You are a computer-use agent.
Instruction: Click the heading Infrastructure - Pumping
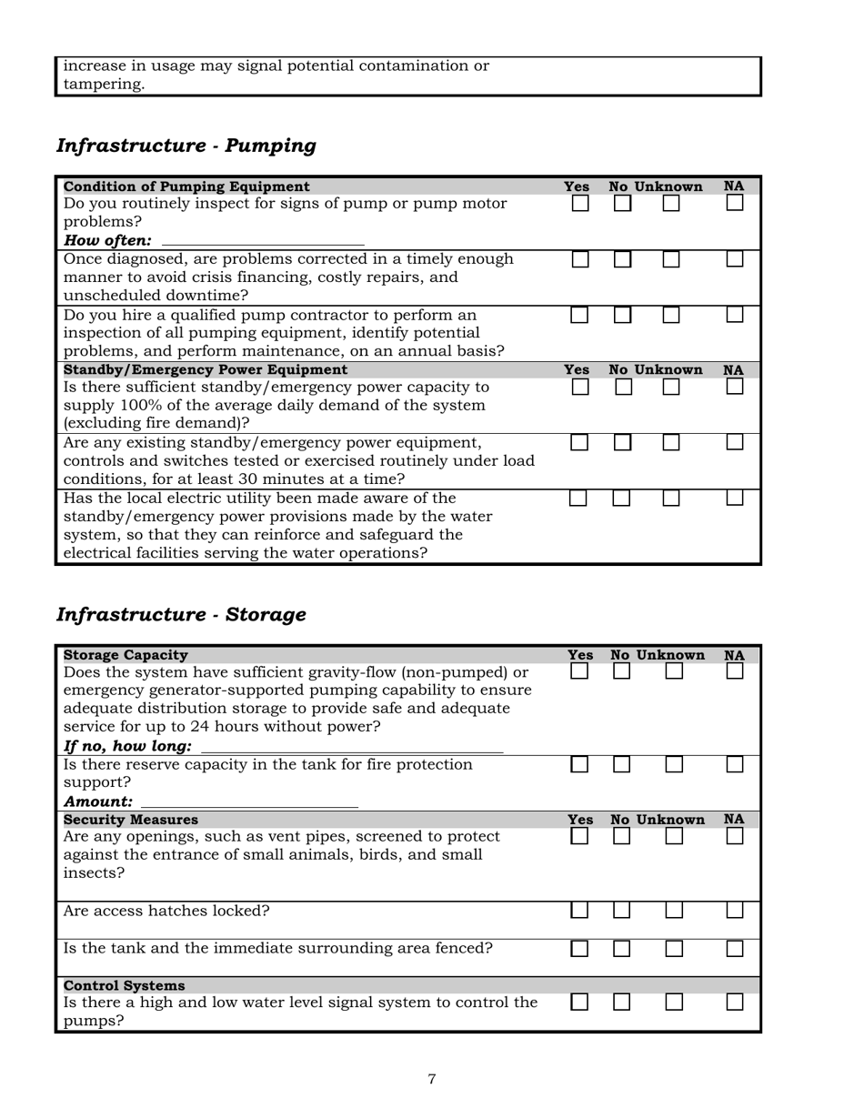click(x=186, y=146)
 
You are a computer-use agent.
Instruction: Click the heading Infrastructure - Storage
click(x=181, y=615)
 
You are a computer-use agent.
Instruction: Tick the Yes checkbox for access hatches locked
click(x=579, y=911)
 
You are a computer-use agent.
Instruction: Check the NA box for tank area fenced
click(x=735, y=949)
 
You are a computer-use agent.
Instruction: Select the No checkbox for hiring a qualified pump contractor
click(x=622, y=316)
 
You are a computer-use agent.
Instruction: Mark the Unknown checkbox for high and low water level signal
click(x=674, y=1002)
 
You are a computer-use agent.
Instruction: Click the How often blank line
click(x=262, y=240)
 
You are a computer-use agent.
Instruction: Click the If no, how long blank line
click(x=351, y=746)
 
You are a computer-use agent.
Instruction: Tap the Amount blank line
click(x=249, y=801)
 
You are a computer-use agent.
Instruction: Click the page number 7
click(x=431, y=1079)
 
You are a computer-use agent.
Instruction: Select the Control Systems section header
click(x=124, y=985)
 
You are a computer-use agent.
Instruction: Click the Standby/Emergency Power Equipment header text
click(x=205, y=370)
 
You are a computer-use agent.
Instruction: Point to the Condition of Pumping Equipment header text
click(x=186, y=186)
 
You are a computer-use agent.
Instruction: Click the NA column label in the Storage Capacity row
click(x=734, y=655)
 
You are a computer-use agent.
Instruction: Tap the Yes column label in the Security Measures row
click(x=580, y=820)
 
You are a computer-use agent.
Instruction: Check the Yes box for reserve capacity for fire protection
click(x=579, y=764)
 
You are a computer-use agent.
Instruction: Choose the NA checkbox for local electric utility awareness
click(x=735, y=499)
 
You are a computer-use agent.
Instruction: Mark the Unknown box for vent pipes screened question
click(x=674, y=835)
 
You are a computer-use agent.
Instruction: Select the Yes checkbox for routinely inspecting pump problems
click(x=580, y=204)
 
